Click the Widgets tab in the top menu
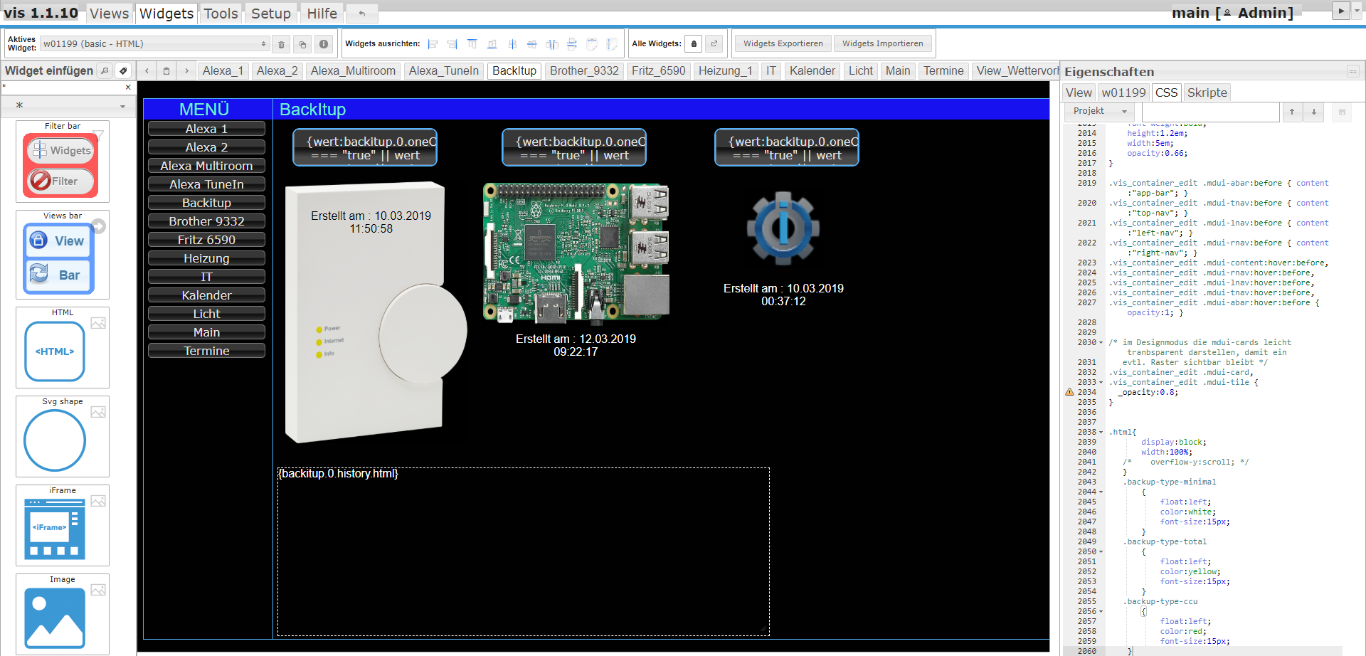point(166,14)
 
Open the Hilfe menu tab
point(322,14)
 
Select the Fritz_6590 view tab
point(658,70)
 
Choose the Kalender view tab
point(812,70)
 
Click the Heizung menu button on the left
point(206,258)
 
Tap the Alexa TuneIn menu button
point(206,184)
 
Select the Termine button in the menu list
point(206,351)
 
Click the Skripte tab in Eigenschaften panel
point(1207,92)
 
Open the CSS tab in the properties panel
point(1166,92)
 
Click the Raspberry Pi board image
point(576,251)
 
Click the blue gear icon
point(783,228)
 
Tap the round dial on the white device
point(422,332)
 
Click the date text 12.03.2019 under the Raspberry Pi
point(607,339)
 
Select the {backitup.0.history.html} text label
point(338,474)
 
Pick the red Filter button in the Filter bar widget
point(60,181)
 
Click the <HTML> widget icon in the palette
point(55,351)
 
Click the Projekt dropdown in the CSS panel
point(1100,111)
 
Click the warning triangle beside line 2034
point(1069,392)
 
